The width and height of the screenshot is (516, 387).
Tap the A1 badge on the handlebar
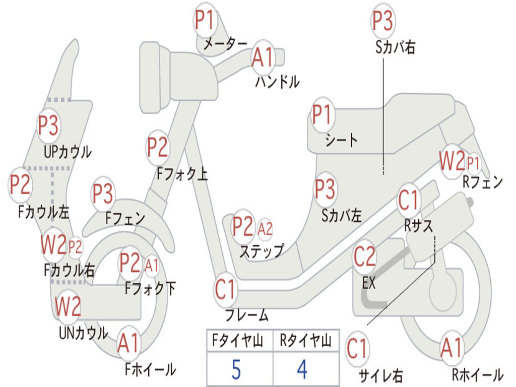tap(263, 57)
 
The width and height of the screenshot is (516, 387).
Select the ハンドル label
tap(278, 82)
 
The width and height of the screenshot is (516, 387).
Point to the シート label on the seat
tap(341, 141)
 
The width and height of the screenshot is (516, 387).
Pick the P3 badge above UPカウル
tap(48, 125)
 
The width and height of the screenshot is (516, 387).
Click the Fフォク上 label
tap(182, 174)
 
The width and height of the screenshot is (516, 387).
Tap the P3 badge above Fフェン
tap(103, 193)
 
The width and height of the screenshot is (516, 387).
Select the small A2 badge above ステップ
tap(265, 228)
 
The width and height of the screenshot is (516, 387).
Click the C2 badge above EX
tap(364, 257)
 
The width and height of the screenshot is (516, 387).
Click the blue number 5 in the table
tap(236, 369)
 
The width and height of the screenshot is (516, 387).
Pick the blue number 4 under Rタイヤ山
tap(302, 369)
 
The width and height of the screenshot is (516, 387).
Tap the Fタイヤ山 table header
tap(237, 341)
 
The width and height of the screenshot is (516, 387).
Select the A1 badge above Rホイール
tap(452, 348)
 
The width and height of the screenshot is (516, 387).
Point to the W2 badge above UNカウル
tap(68, 306)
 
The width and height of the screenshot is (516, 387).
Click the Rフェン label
tap(483, 181)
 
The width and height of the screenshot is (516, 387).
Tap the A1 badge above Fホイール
tap(128, 344)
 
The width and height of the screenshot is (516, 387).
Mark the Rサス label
tap(418, 226)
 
